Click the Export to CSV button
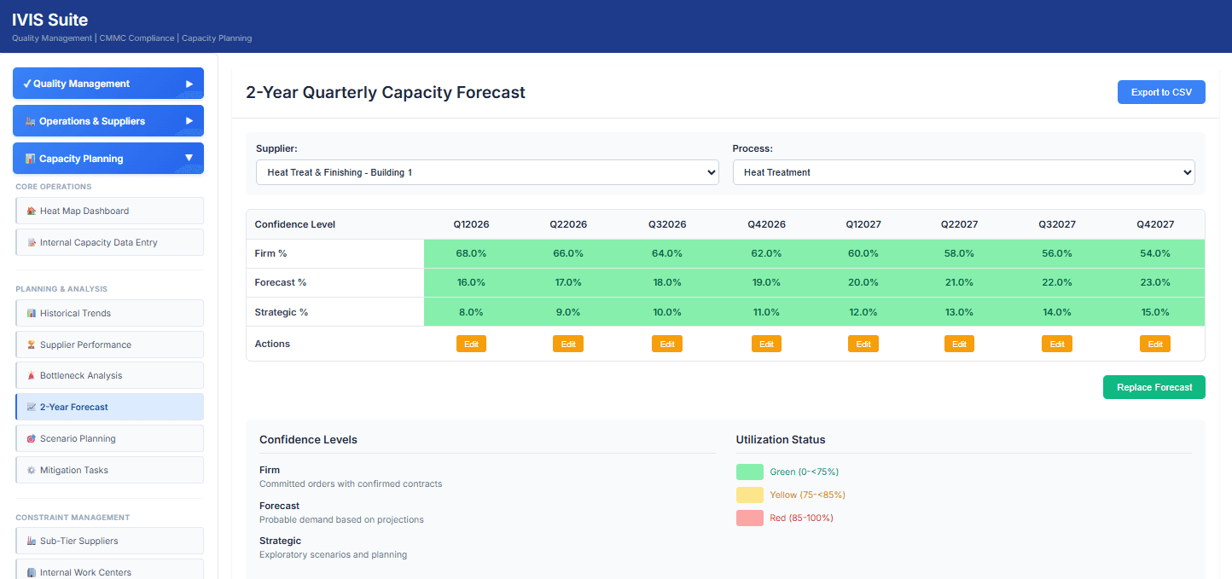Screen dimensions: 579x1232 [1160, 92]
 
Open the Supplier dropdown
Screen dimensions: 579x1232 [486, 172]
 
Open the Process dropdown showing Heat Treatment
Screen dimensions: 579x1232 [963, 172]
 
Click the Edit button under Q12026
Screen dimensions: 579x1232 [471, 344]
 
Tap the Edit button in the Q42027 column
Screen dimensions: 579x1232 [1154, 344]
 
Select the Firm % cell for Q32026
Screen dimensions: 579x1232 [667, 253]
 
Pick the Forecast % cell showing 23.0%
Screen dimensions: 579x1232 [1154, 282]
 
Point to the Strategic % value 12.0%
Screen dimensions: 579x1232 [863, 312]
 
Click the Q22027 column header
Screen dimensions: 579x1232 [959, 224]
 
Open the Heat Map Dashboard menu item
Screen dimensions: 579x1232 [110, 211]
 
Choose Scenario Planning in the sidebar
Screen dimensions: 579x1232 [110, 438]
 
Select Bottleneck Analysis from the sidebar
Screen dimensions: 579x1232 [110, 375]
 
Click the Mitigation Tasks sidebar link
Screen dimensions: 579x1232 [110, 470]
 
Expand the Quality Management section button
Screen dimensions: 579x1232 [108, 84]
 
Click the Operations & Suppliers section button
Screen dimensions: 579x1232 [108, 121]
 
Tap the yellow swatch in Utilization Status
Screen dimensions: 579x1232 [749, 495]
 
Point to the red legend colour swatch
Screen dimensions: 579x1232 [749, 518]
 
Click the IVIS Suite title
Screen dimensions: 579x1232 [49, 20]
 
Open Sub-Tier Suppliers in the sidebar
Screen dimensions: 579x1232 [110, 541]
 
